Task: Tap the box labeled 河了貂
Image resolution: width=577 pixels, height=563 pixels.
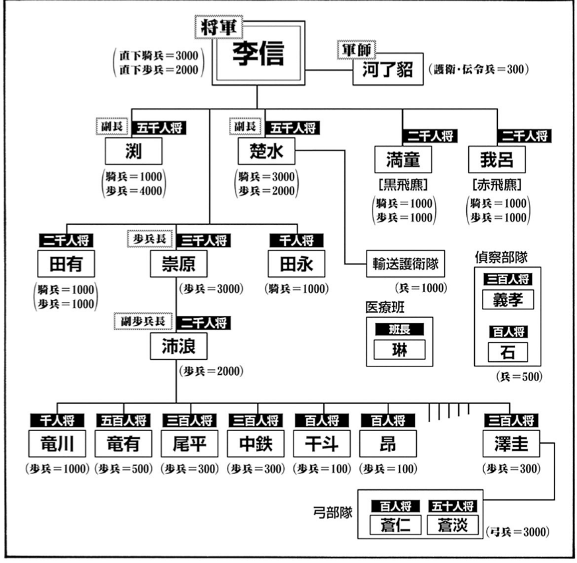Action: pos(388,71)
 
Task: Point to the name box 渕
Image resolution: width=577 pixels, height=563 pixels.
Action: pos(133,153)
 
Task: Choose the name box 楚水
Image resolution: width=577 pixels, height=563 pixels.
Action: pos(267,153)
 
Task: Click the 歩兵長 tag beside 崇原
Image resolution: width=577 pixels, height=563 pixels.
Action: pos(149,238)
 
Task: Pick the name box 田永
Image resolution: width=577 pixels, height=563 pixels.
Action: pos(297,264)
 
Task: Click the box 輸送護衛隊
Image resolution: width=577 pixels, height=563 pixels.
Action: pos(403,264)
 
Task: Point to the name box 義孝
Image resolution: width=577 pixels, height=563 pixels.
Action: pos(508,299)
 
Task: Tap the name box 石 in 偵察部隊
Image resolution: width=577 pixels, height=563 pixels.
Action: pos(508,352)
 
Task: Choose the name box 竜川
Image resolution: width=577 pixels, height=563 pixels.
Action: pos(57,444)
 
